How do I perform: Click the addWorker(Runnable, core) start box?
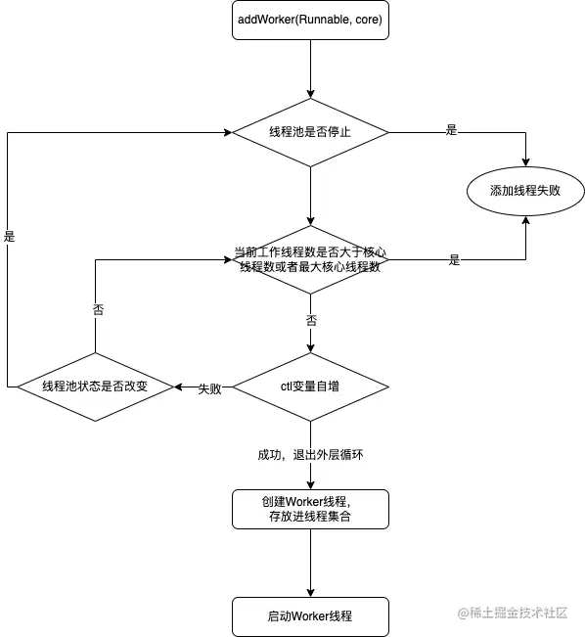tap(310, 20)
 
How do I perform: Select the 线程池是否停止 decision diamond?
tap(310, 131)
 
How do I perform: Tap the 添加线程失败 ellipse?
tap(526, 190)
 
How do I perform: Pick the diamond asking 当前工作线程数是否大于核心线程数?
tap(310, 259)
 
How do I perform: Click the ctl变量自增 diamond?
tap(310, 387)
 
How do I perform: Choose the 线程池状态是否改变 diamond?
tap(95, 387)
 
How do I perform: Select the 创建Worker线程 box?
tap(310, 509)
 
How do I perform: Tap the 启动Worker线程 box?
tap(310, 616)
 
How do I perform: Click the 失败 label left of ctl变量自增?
tap(210, 388)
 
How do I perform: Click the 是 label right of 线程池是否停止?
tap(451, 130)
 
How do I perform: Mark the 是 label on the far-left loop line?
tap(9, 237)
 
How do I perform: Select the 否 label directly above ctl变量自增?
tap(311, 320)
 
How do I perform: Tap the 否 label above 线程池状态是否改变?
tap(97, 309)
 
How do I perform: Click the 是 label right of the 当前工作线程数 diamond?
tap(454, 260)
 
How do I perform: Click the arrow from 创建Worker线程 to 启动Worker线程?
tap(310, 563)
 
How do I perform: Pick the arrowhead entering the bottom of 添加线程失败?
tap(526, 223)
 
